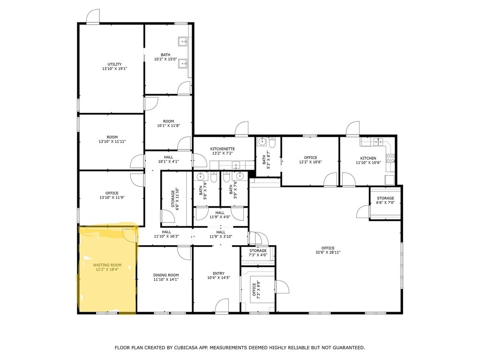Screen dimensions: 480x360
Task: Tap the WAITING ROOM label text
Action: point(107,267)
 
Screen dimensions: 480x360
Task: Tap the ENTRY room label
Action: point(218,273)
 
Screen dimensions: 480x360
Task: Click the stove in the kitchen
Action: point(390,158)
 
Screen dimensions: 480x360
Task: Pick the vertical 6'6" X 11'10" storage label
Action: point(175,198)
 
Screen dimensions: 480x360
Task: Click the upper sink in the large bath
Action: point(183,41)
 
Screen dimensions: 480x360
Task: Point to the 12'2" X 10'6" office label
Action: point(310,160)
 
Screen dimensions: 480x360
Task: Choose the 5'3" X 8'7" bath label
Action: point(266,160)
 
